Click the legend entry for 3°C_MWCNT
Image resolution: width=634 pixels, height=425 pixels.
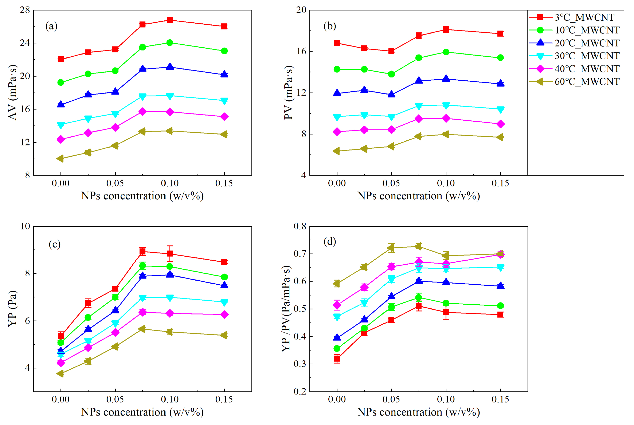tap(583, 17)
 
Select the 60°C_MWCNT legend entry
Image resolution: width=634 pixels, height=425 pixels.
tap(586, 82)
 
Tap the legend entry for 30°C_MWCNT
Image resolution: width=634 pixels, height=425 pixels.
tap(586, 56)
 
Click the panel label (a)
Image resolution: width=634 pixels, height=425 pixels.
tap(51, 26)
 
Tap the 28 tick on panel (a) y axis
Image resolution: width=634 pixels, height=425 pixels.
tap(25, 10)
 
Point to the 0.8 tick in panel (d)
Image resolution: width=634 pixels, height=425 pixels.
tap(300, 226)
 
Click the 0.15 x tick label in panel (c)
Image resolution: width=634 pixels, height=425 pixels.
tap(224, 399)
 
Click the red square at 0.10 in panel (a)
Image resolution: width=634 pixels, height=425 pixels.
tap(170, 20)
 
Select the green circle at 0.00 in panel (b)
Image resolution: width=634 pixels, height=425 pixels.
tap(337, 69)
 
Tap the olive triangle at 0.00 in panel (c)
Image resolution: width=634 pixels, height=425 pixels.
tap(60, 373)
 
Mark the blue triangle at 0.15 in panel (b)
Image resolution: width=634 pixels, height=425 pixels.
tap(500, 84)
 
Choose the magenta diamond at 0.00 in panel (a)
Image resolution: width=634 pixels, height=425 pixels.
tap(61, 140)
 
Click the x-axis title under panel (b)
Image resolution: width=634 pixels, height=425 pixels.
tap(419, 196)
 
